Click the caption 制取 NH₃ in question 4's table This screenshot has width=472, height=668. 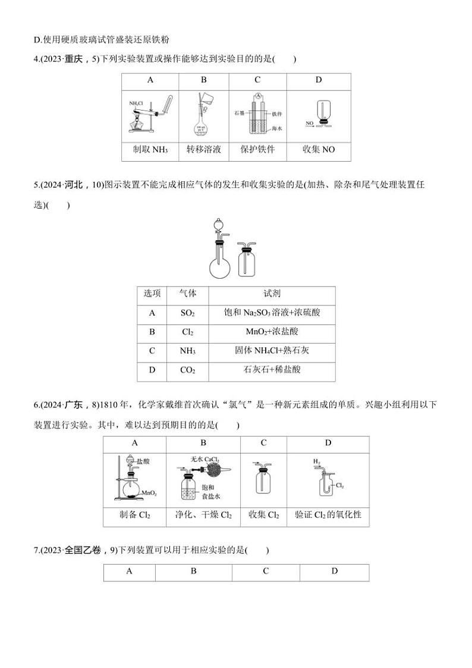[x=150, y=150]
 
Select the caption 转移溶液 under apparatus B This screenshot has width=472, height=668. [x=203, y=150]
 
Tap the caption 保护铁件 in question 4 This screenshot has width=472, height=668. [x=257, y=150]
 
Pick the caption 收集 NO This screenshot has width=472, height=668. [x=319, y=150]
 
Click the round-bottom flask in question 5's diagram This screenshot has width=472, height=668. [x=219, y=267]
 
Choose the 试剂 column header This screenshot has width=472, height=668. [x=272, y=294]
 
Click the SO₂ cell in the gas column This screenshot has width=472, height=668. [x=188, y=313]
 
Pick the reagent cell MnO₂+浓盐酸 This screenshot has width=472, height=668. [x=272, y=332]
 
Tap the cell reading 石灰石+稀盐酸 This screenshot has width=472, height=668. [x=272, y=370]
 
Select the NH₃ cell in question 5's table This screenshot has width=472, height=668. [x=188, y=351]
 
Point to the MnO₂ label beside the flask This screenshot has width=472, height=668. [x=149, y=493]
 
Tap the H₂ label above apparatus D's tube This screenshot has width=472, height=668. [x=317, y=461]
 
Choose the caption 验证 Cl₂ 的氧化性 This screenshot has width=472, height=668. [x=328, y=515]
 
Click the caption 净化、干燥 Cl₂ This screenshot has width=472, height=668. [x=203, y=515]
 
